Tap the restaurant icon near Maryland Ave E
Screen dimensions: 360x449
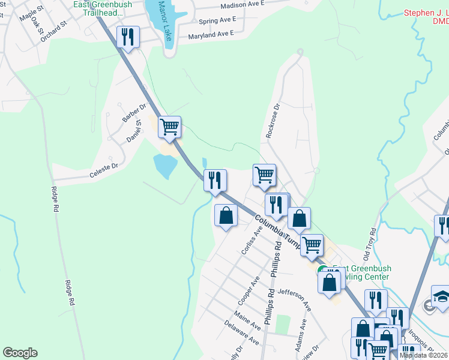pos(128,37)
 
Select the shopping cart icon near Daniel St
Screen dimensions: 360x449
pos(170,127)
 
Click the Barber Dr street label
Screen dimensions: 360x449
pos(134,113)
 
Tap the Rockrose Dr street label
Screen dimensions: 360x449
pos(273,121)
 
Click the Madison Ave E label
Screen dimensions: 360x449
pos(243,5)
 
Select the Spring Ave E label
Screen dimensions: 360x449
pos(217,20)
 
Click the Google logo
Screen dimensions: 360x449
pos(20,353)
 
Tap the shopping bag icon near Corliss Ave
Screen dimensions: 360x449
pos(226,215)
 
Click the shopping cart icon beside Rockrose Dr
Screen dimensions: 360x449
pos(264,175)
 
